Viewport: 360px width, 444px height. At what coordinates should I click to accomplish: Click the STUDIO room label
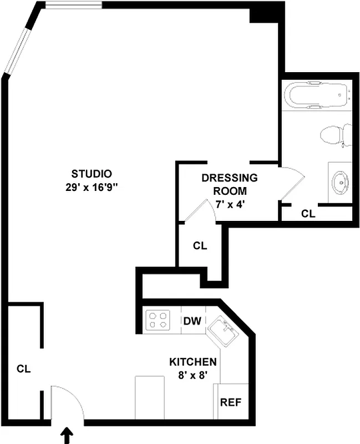(92, 173)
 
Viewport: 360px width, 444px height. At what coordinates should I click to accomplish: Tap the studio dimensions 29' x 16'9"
(92, 187)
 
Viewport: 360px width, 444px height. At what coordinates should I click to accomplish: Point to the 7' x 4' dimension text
(229, 204)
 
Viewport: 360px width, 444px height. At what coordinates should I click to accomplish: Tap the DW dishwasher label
(192, 321)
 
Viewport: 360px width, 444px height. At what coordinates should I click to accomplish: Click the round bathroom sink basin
(339, 180)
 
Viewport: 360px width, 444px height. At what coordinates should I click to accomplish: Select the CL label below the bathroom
(308, 214)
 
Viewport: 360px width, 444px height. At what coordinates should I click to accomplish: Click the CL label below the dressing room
(200, 246)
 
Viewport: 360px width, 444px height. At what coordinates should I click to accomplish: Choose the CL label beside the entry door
(23, 368)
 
